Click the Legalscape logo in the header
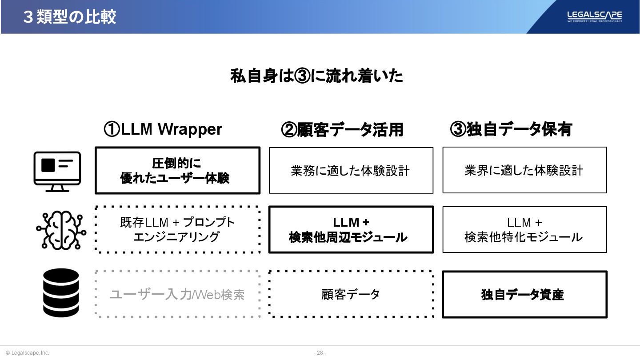(x=594, y=16)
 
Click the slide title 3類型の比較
(x=70, y=17)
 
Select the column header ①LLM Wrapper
(x=163, y=129)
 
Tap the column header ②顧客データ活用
(x=342, y=130)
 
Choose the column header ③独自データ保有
(x=511, y=130)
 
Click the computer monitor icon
(x=57, y=171)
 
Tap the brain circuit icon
(x=61, y=230)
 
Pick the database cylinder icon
(x=61, y=292)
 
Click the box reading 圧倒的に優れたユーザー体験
(x=177, y=171)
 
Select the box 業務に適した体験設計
(x=351, y=171)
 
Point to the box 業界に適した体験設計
(x=524, y=171)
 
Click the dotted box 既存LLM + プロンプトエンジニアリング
(x=177, y=230)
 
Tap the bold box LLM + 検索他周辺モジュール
(x=351, y=230)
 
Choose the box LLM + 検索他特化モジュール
(x=524, y=230)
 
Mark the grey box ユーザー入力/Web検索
(x=177, y=294)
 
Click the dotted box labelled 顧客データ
(x=351, y=294)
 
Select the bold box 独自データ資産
(x=524, y=294)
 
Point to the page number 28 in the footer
(x=320, y=353)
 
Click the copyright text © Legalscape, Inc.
(x=28, y=353)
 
